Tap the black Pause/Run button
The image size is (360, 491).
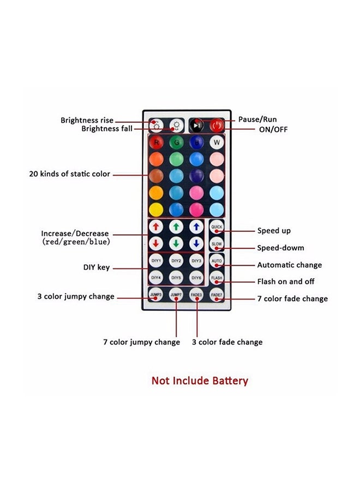[x=196, y=125]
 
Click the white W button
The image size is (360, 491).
[x=217, y=143]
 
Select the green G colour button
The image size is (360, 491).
[x=176, y=143]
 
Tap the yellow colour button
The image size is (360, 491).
[x=156, y=209]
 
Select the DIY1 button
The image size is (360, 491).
[x=156, y=261]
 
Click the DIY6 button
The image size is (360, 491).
[x=196, y=278]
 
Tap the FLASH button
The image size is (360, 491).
[x=217, y=278]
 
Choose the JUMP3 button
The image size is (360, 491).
[x=156, y=295]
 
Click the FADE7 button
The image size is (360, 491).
[x=217, y=295]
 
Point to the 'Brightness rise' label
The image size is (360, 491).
[x=87, y=120]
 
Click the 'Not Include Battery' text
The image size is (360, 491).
[x=200, y=381]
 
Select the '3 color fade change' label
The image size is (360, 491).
[x=227, y=342]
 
